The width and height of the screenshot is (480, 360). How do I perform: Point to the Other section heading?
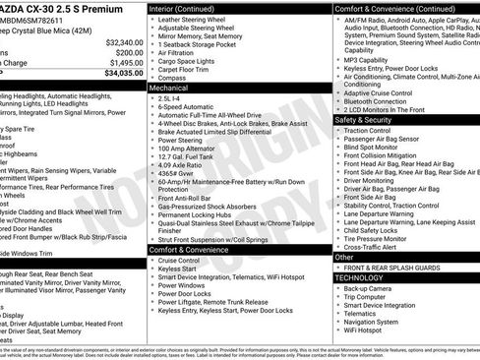345,258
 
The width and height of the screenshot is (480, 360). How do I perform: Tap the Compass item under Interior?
174,77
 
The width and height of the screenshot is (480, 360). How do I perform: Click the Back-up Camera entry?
370,288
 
